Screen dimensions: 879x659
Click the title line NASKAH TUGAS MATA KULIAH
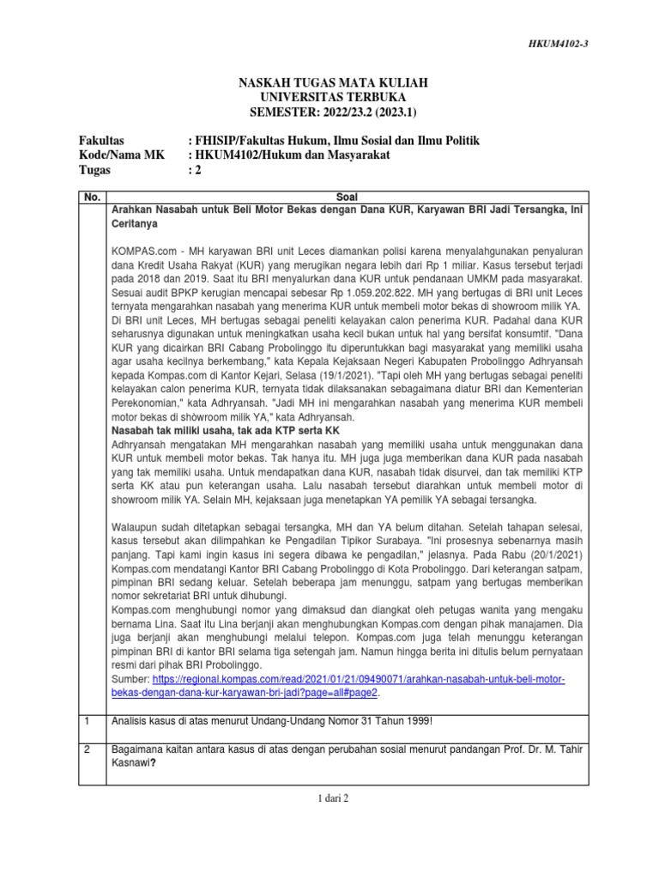point(332,82)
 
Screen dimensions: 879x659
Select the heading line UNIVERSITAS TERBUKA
point(332,97)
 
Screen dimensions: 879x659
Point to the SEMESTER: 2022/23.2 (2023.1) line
point(332,112)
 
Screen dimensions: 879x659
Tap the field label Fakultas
point(102,140)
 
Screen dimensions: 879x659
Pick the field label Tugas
point(95,170)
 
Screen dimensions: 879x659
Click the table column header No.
point(92,197)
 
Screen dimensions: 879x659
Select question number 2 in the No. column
point(87,750)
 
